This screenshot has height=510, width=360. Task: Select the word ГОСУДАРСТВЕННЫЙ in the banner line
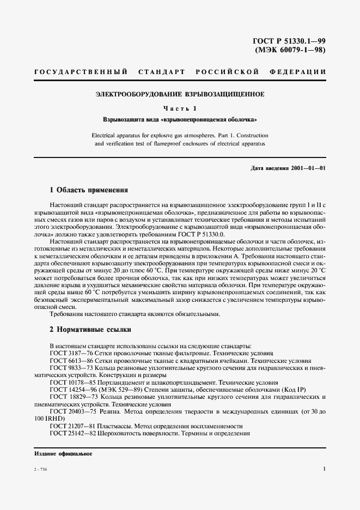coord(81,72)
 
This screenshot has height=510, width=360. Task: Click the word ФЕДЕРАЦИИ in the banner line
coord(297,72)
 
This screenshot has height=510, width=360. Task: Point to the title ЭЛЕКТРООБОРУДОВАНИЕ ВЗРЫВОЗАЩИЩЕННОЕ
coord(180,94)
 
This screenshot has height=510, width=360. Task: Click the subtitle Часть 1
coord(180,108)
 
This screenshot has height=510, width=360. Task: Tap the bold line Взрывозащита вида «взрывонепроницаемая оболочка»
coord(180,119)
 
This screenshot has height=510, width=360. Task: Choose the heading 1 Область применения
coord(89,190)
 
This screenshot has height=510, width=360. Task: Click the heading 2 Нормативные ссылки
coord(90,330)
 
